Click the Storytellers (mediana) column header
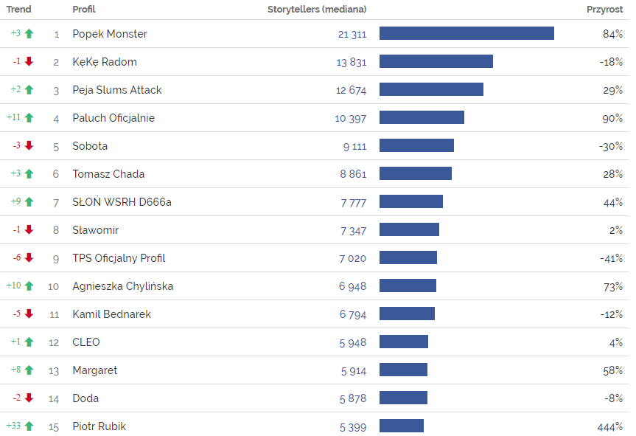click(x=316, y=10)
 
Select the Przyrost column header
click(x=604, y=10)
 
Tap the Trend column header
click(x=19, y=10)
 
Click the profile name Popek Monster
click(x=110, y=34)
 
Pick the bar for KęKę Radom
click(x=436, y=62)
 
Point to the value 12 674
click(x=351, y=90)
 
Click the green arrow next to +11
click(x=29, y=118)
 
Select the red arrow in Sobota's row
click(x=29, y=146)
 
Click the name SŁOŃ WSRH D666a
click(x=122, y=202)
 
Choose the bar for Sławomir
click(x=409, y=230)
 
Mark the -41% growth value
click(x=611, y=258)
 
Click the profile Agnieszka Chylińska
click(x=123, y=286)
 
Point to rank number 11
click(x=54, y=314)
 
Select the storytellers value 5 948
click(x=353, y=342)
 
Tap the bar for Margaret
click(x=403, y=370)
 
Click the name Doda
click(x=85, y=398)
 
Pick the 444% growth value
click(x=610, y=426)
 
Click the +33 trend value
click(x=14, y=426)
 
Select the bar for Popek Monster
click(x=466, y=34)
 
